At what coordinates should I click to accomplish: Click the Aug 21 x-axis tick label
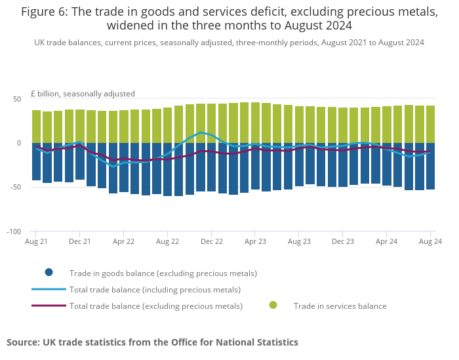[x=35, y=241]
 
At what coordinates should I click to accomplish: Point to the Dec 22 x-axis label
[x=211, y=241]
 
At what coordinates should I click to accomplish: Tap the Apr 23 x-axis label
[x=255, y=241]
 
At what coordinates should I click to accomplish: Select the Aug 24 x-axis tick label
[x=431, y=241]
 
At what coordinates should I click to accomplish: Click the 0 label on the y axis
[x=19, y=143]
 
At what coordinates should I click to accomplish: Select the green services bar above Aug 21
[x=36, y=127]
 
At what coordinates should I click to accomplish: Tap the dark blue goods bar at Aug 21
[x=36, y=161]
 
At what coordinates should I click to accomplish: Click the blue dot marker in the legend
[x=49, y=273]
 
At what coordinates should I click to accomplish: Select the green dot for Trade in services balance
[x=273, y=306]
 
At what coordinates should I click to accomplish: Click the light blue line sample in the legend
[x=49, y=289]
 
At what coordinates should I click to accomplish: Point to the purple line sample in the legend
[x=49, y=306]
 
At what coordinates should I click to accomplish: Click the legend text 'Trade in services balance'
[x=340, y=306]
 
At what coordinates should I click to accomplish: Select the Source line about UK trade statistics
[x=152, y=342]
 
